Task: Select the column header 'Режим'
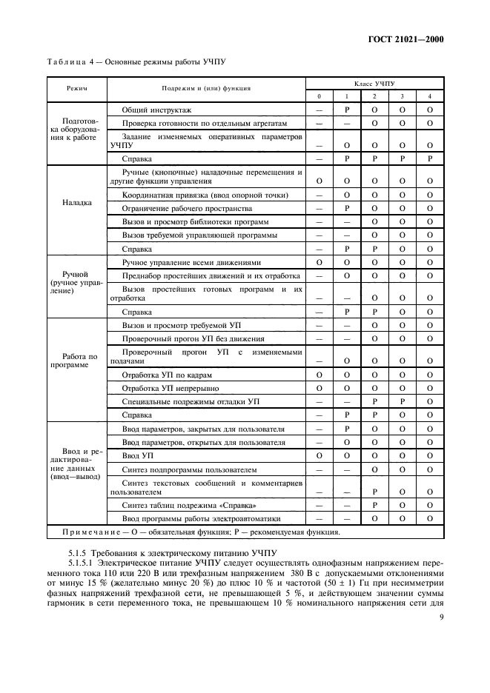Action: point(76,88)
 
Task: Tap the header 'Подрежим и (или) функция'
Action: point(206,88)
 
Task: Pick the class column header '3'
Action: point(402,96)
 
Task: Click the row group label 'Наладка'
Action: point(77,203)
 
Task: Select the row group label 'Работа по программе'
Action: point(76,361)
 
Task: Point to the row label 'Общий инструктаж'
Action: point(151,110)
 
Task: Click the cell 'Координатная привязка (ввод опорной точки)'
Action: point(204,195)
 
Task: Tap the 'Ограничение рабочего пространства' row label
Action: point(185,208)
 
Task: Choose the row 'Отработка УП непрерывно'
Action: point(170,387)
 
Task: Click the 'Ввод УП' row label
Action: point(138,455)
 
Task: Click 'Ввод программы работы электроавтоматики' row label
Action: point(199,518)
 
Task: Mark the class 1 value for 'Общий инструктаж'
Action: point(347,110)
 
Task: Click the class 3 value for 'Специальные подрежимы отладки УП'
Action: point(402,401)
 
